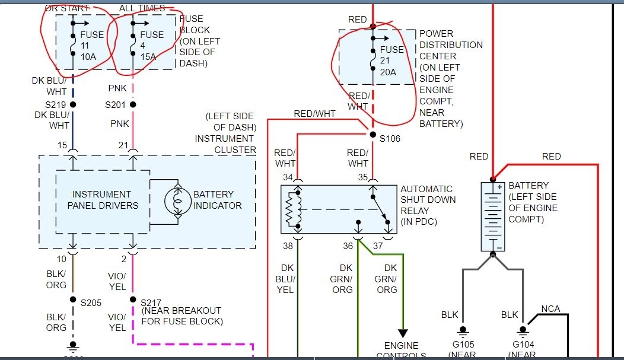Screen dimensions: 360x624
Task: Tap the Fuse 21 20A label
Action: click(x=391, y=60)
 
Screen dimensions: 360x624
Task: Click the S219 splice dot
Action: click(x=74, y=104)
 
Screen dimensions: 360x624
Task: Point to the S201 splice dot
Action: click(x=133, y=104)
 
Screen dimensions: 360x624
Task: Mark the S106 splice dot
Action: click(x=373, y=135)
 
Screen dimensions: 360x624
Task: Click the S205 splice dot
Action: click(x=74, y=300)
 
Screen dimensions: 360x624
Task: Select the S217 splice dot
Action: click(x=133, y=300)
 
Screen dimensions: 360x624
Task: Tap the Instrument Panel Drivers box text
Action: click(x=102, y=200)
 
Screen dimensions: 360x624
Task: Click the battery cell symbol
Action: click(x=492, y=216)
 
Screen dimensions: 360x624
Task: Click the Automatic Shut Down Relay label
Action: click(x=428, y=205)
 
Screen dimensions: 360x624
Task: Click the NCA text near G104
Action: click(x=550, y=309)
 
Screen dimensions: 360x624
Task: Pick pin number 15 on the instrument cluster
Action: click(x=62, y=145)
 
